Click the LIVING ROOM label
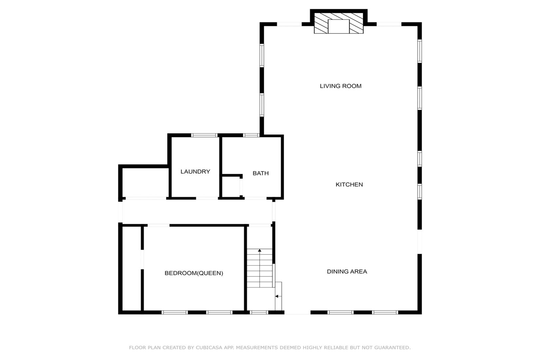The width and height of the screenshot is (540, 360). click(340, 86)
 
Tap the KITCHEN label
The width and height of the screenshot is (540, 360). click(349, 185)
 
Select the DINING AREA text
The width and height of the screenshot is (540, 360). click(347, 271)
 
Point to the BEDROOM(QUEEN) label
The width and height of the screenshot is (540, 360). click(194, 273)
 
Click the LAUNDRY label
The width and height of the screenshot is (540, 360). click(195, 172)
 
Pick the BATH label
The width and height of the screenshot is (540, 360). click(261, 173)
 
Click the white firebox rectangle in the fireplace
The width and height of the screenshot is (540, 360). click(338, 26)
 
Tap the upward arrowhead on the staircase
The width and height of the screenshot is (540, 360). click(260, 250)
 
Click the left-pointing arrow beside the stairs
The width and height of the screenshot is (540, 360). click(278, 296)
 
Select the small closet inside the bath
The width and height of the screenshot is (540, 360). click(231, 187)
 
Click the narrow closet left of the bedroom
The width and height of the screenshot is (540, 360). click(132, 269)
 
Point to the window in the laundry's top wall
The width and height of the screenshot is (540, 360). click(204, 135)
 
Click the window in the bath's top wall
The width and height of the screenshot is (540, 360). click(251, 135)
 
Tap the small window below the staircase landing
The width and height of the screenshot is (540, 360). click(259, 312)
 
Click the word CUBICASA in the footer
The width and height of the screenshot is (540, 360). click(209, 348)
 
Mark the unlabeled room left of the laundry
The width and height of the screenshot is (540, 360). click(145, 182)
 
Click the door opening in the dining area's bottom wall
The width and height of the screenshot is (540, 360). click(297, 312)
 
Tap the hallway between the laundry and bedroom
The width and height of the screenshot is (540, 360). click(197, 212)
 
